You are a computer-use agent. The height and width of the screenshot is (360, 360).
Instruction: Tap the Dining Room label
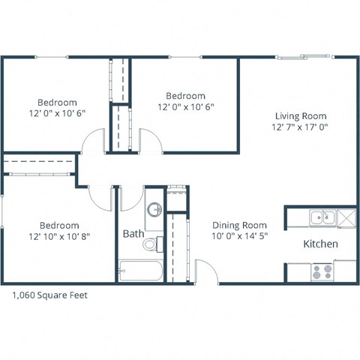pos(239,224)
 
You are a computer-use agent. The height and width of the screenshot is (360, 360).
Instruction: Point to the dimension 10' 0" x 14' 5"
pos(239,235)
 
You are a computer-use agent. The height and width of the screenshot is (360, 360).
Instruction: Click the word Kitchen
pos(320,244)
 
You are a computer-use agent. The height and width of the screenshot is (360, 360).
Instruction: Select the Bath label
pos(133,234)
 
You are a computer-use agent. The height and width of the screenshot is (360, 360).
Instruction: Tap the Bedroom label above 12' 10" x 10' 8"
pos(58,225)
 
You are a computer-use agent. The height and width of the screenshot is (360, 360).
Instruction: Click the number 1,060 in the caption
pos(25,295)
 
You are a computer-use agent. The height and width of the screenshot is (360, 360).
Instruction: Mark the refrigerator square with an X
pos(346,217)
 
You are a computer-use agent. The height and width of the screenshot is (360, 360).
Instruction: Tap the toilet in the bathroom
pos(152,244)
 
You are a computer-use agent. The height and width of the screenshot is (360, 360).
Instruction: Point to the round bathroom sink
pos(153,210)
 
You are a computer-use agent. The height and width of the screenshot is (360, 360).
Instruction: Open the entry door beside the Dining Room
pos(205,270)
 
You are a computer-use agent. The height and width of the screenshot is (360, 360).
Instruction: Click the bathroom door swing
pos(130,197)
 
